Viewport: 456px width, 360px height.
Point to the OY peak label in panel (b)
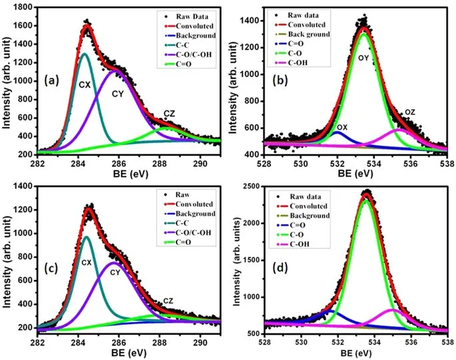(x=365, y=58)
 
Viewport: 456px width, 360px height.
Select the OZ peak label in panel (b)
(x=411, y=112)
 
